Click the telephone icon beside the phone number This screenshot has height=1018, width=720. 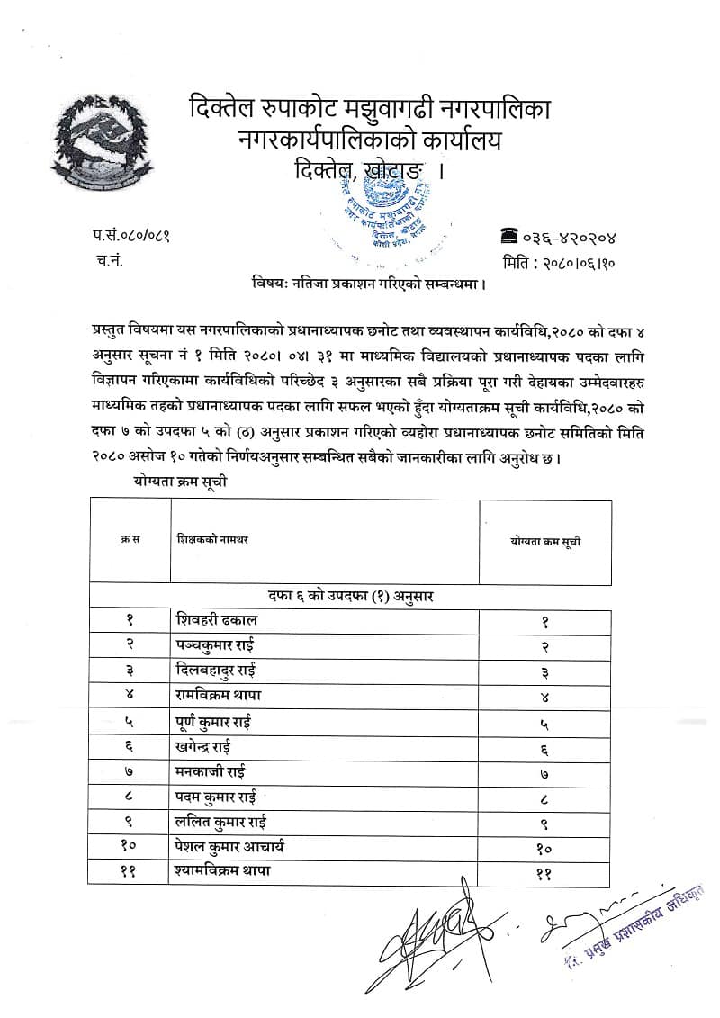pyautogui.click(x=510, y=236)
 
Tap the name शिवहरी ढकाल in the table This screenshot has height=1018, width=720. pyautogui.click(x=222, y=620)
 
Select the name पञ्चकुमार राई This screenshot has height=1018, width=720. pyautogui.click(x=225, y=645)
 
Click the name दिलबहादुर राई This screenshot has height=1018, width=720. pyautogui.click(x=225, y=671)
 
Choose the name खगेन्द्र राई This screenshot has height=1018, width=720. pyautogui.click(x=215, y=746)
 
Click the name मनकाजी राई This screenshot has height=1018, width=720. pyautogui.click(x=212, y=771)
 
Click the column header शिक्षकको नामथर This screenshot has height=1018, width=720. pyautogui.click(x=213, y=539)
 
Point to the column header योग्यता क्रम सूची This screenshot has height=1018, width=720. pyautogui.click(x=546, y=540)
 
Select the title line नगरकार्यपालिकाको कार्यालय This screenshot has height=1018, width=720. pyautogui.click(x=369, y=140)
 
